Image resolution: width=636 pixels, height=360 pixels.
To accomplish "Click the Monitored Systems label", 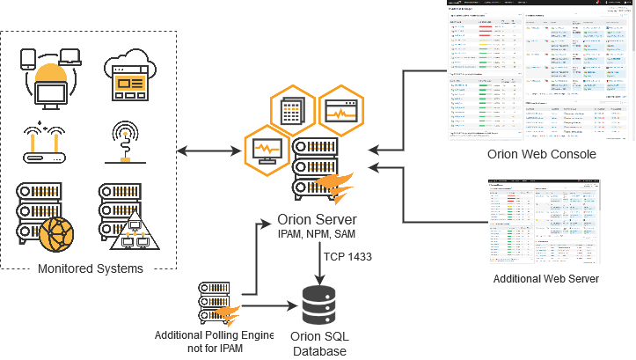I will (x=86, y=268).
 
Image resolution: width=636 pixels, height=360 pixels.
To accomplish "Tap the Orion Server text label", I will (x=315, y=220).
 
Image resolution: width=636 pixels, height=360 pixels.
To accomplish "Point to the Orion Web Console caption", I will (x=542, y=154).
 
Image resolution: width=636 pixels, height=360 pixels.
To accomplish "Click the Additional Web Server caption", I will (x=545, y=278).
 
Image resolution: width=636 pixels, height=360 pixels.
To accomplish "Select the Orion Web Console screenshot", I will (x=540, y=70).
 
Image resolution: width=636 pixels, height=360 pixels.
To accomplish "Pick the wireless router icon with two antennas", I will (x=46, y=145).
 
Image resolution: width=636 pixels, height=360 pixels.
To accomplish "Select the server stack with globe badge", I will (x=45, y=216).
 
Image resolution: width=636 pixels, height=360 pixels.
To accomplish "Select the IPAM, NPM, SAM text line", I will (x=315, y=235).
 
